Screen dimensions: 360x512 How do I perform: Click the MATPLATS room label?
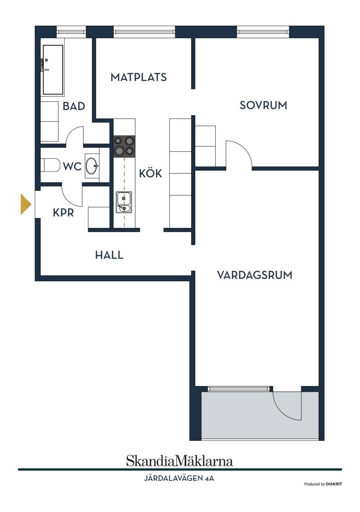tap(139, 77)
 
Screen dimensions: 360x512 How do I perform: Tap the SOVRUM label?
tap(263, 105)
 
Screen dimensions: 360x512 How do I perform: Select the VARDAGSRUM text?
tap(255, 275)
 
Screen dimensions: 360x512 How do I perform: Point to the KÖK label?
tap(150, 173)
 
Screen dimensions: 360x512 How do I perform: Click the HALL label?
tap(109, 255)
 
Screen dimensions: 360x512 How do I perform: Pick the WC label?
tap(72, 166)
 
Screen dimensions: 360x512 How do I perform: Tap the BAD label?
tap(74, 106)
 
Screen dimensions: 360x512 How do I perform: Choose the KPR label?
tap(63, 213)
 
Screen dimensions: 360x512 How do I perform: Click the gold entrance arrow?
tap(26, 204)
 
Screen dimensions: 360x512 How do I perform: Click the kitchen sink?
tap(124, 202)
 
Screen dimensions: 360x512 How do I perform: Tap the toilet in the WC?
tap(52, 165)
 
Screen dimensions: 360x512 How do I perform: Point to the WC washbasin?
tap(92, 166)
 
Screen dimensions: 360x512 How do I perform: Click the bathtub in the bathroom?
tap(53, 70)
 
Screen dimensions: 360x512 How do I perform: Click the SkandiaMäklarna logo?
tap(180, 461)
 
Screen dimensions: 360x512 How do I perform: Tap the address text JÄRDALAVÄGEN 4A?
tap(179, 478)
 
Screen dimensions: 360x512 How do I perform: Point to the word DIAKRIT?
tap(334, 484)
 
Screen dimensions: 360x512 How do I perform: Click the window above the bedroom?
tap(263, 32)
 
